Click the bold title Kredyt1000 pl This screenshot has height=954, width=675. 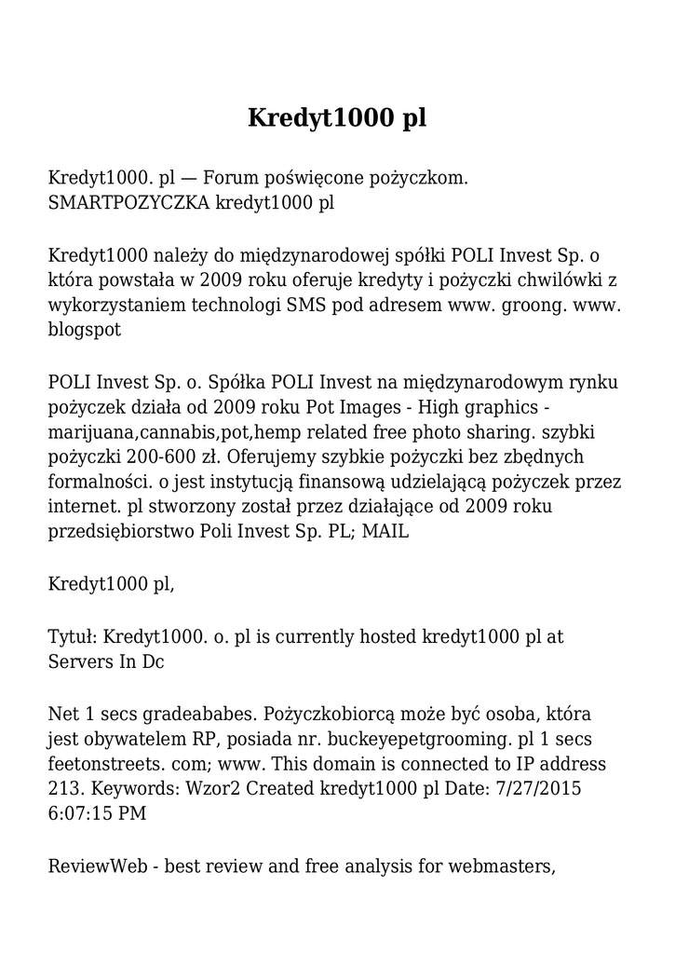pos(337,118)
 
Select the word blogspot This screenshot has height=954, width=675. pos(85,328)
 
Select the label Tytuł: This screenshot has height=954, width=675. pos(73,637)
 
